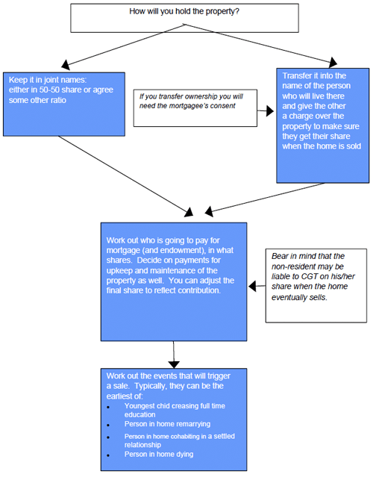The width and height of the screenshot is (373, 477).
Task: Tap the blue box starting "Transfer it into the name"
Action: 322,122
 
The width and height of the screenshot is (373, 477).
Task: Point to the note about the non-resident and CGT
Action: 315,275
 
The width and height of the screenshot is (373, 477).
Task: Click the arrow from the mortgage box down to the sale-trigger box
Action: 175,353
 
